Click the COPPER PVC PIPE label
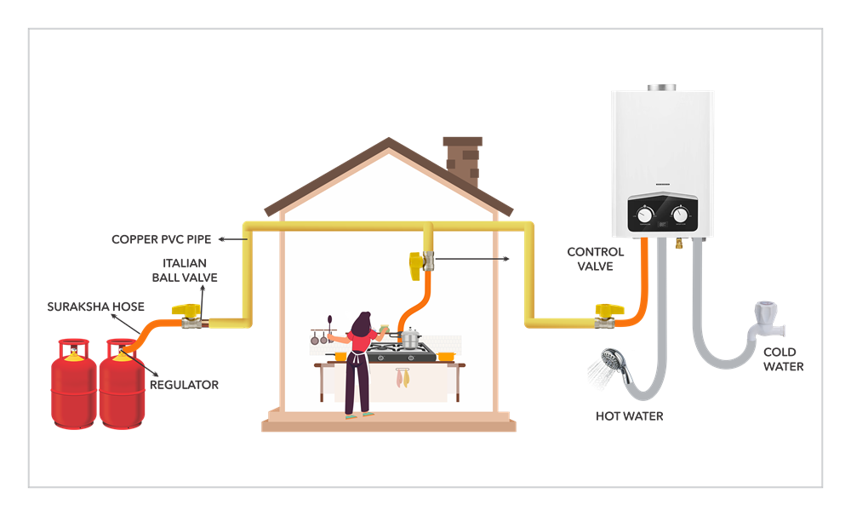click(161, 239)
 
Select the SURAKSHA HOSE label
click(97, 307)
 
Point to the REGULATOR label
click(184, 385)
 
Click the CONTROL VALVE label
click(596, 259)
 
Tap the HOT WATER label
click(629, 416)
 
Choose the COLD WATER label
click(783, 359)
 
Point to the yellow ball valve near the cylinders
click(185, 315)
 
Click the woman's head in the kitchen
click(362, 322)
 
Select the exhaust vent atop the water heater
click(660, 88)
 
